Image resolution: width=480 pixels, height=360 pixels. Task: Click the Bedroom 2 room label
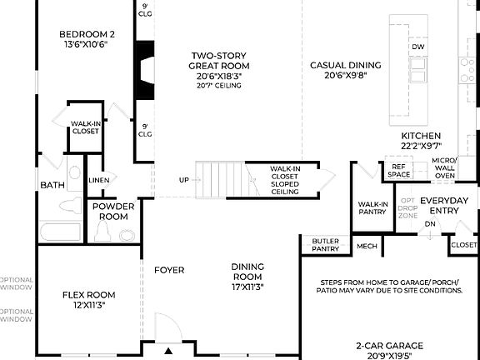(x=86, y=34)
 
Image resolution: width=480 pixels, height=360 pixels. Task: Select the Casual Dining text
(x=345, y=65)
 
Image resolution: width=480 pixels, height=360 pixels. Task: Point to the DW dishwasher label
(x=417, y=47)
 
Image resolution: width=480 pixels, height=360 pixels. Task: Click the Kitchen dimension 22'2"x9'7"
(x=421, y=147)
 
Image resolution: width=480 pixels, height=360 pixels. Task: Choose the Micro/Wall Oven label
(x=443, y=167)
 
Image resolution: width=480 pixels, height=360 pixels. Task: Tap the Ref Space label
(x=399, y=171)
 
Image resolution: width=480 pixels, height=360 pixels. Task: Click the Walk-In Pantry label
(x=372, y=207)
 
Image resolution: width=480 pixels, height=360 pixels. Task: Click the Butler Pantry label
(x=325, y=245)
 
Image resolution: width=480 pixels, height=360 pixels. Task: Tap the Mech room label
(x=367, y=246)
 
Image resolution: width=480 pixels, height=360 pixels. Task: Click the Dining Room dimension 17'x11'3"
(x=247, y=288)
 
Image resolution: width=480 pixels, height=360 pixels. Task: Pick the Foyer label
(x=169, y=270)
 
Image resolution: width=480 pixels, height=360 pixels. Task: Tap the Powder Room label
(x=111, y=211)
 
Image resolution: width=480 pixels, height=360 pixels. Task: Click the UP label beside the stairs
(x=183, y=180)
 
